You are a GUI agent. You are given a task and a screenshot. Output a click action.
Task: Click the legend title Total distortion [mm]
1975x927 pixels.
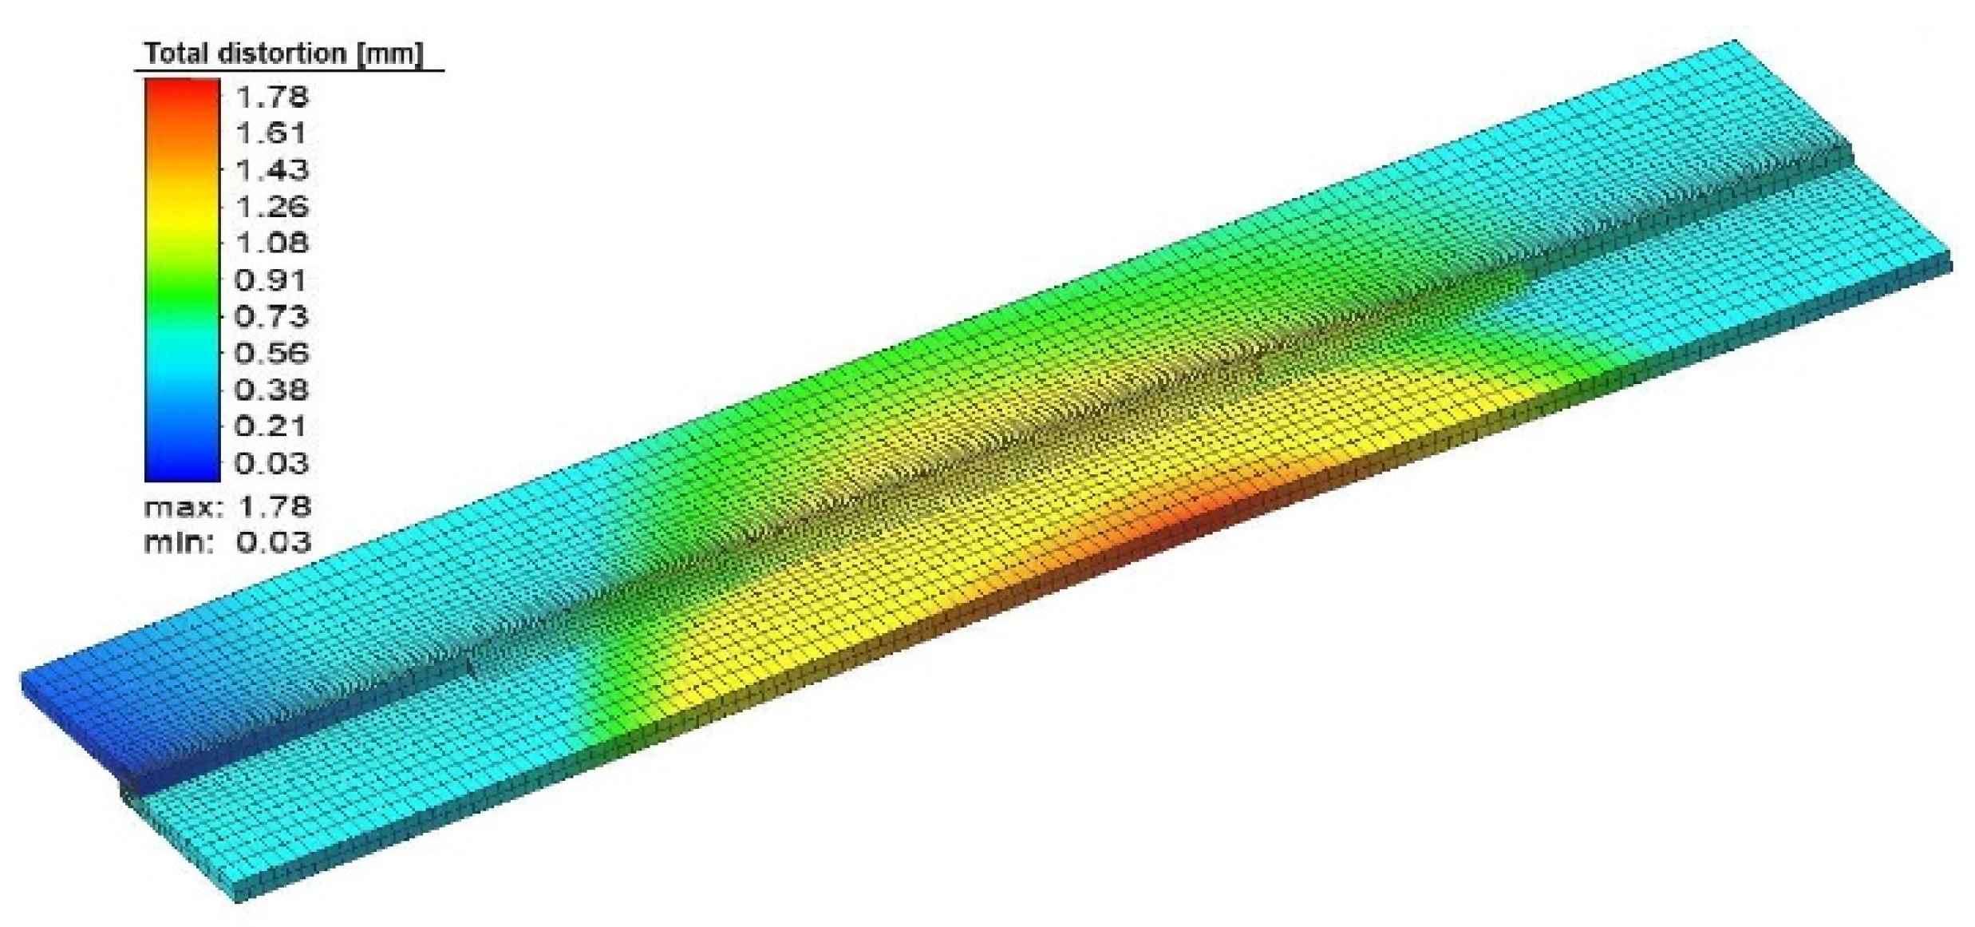click(283, 53)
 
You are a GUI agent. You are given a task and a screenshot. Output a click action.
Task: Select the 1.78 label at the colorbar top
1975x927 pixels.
click(272, 97)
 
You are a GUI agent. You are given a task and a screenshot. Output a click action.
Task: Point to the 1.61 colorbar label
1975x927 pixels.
click(271, 133)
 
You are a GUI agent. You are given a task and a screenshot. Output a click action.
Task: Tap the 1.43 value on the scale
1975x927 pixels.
click(272, 170)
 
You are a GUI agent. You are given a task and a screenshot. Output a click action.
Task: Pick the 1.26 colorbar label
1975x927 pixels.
click(272, 207)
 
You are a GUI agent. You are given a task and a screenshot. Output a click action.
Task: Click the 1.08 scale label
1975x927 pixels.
click(272, 243)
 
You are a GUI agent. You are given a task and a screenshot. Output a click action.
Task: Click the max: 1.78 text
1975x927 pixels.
click(227, 506)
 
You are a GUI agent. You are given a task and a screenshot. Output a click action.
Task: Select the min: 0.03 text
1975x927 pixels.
click(227, 542)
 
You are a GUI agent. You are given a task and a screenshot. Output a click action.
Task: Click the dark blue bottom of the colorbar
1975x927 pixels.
click(182, 467)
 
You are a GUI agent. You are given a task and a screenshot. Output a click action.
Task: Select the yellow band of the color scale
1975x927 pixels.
click(182, 216)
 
